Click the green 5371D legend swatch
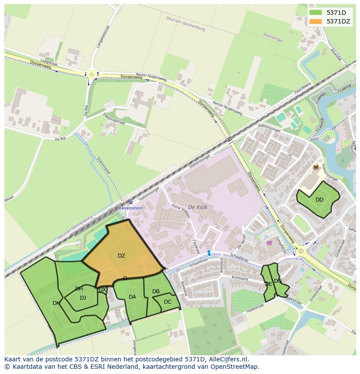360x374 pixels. click(316, 13)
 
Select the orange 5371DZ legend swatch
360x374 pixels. click(316, 21)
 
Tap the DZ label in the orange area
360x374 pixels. click(121, 256)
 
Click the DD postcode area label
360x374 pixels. click(320, 200)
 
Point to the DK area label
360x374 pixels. click(56, 303)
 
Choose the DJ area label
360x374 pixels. click(83, 298)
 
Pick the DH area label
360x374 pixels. click(79, 289)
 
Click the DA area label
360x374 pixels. click(133, 297)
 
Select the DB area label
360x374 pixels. click(156, 291)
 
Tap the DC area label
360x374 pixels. click(168, 302)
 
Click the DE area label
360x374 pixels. click(268, 284)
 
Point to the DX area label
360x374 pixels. click(103, 290)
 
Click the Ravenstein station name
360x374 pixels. click(130, 208)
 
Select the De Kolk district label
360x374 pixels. click(198, 208)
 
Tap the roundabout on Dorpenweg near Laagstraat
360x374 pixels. click(92, 75)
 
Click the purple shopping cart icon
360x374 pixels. click(269, 243)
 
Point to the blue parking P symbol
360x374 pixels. click(267, 237)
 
